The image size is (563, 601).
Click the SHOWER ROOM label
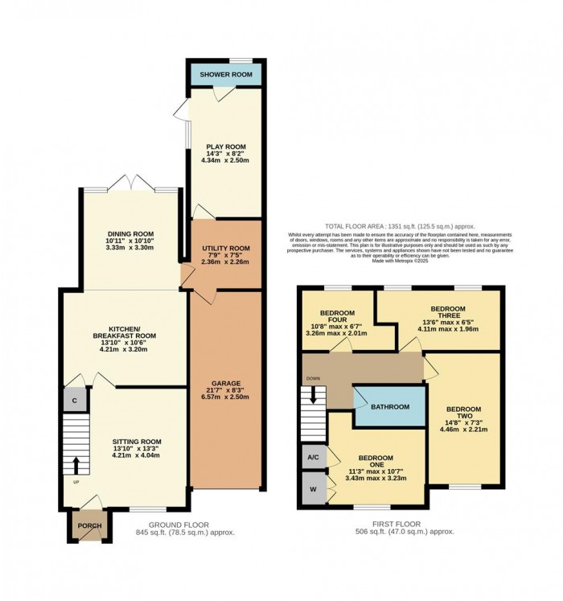point(226,75)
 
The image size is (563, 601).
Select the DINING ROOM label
point(129,233)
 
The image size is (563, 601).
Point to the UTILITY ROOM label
point(225,249)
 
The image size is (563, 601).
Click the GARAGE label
point(225,383)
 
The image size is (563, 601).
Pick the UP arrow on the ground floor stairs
point(77,465)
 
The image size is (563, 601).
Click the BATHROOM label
point(390,407)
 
